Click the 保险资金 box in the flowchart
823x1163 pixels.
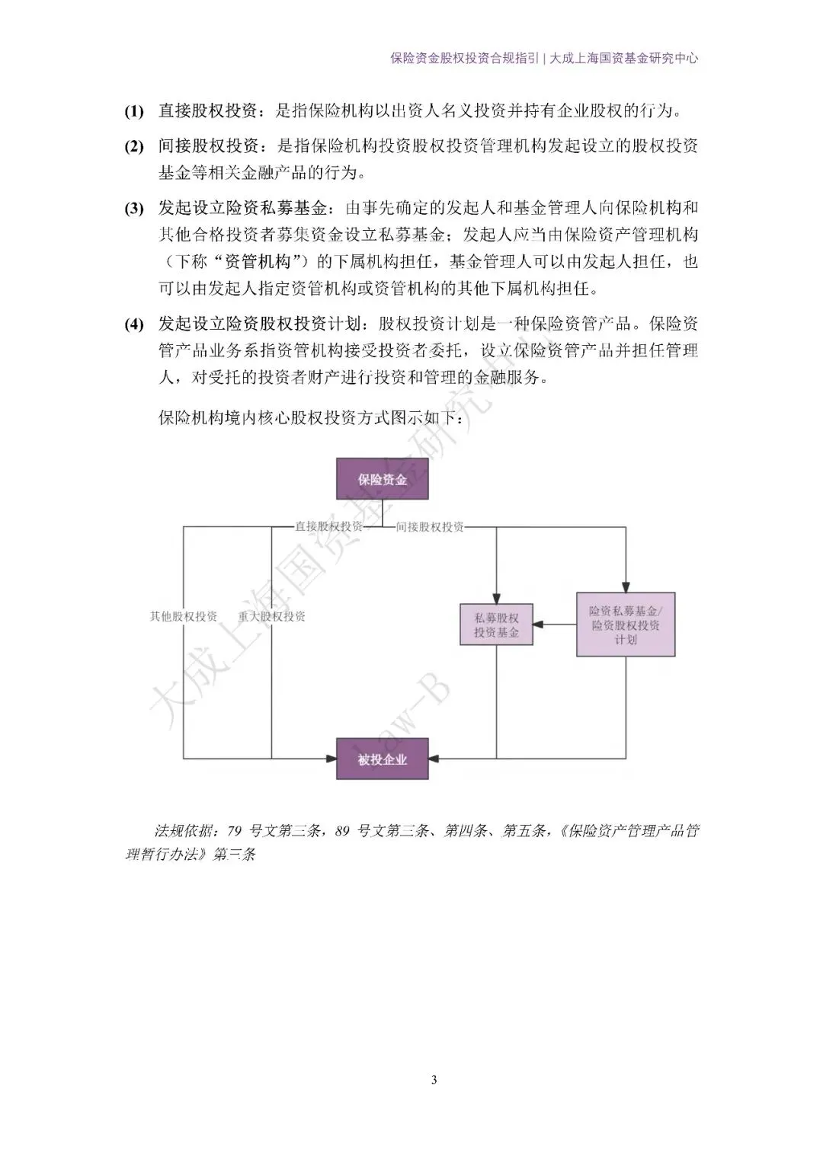[382, 479]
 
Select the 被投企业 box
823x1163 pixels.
[382, 759]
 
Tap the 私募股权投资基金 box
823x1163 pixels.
[496, 625]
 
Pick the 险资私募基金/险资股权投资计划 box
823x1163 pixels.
[626, 625]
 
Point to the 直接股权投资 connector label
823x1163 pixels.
[329, 526]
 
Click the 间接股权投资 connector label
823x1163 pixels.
[430, 526]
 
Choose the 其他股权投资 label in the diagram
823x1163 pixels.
[184, 616]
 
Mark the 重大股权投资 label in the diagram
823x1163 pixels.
[271, 616]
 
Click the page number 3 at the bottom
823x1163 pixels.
[434, 1079]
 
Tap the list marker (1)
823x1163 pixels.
[134, 111]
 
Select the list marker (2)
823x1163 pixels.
[134, 146]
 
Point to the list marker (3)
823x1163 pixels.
[134, 208]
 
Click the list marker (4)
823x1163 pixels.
[134, 324]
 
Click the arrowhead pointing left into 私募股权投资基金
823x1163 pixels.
[537, 625]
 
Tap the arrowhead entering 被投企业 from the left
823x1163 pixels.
[331, 759]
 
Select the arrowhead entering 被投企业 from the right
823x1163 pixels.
[434, 759]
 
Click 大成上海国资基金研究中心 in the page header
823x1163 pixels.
[624, 58]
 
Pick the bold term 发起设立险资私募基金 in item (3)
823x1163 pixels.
[242, 208]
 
